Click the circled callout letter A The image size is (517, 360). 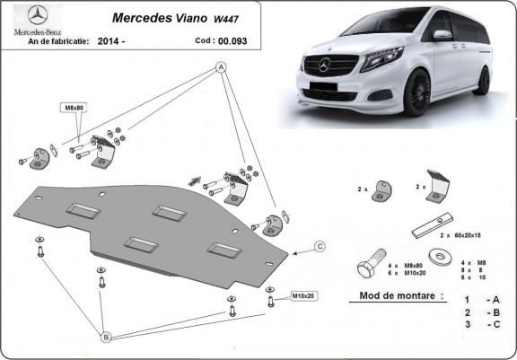[x=220, y=67]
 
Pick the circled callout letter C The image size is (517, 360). [x=320, y=245]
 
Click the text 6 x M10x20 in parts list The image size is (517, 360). [x=404, y=274]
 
